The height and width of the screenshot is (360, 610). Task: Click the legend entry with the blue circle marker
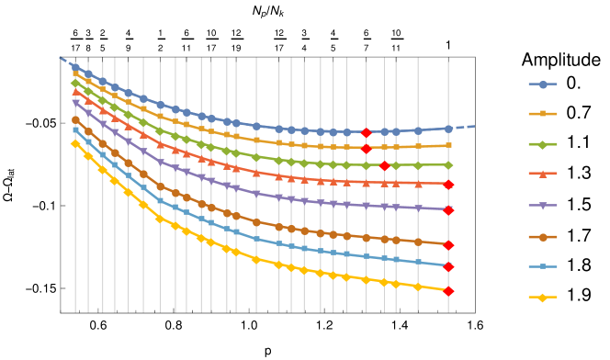pyautogui.click(x=543, y=84)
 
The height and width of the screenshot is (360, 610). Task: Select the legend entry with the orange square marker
pyautogui.click(x=543, y=114)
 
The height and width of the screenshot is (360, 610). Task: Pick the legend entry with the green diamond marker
pyautogui.click(x=543, y=144)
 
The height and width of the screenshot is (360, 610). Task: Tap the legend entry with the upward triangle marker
pyautogui.click(x=543, y=174)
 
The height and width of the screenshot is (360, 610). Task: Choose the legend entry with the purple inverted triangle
pyautogui.click(x=543, y=206)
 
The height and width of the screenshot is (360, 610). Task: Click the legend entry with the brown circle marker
pyautogui.click(x=543, y=237)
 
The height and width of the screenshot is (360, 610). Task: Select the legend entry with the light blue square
pyautogui.click(x=543, y=267)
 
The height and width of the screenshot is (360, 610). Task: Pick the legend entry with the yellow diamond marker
pyautogui.click(x=543, y=298)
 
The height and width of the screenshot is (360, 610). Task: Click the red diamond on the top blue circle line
pyautogui.click(x=366, y=133)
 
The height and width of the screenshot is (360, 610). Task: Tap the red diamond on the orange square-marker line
pyautogui.click(x=366, y=148)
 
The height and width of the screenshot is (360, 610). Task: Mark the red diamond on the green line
pyautogui.click(x=385, y=166)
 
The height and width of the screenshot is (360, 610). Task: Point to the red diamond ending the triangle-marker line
pyautogui.click(x=448, y=185)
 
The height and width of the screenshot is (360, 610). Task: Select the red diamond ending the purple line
pyautogui.click(x=448, y=210)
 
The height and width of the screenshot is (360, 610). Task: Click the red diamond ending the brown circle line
pyautogui.click(x=448, y=245)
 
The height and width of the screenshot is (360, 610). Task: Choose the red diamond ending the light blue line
pyautogui.click(x=448, y=267)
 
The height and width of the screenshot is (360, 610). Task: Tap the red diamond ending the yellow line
pyautogui.click(x=448, y=291)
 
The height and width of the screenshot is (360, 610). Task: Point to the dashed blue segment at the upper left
pyautogui.click(x=65, y=62)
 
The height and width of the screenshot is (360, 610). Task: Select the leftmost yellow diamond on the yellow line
pyautogui.click(x=75, y=143)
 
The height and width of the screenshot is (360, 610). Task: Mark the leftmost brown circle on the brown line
pyautogui.click(x=75, y=119)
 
